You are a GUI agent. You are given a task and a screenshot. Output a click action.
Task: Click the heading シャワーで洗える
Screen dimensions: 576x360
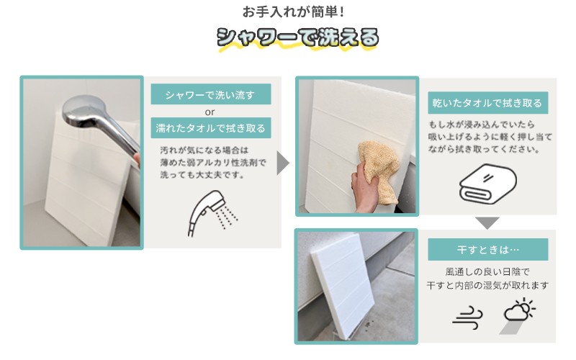(297, 38)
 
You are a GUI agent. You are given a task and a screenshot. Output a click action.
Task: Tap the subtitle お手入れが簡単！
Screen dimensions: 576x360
(294, 12)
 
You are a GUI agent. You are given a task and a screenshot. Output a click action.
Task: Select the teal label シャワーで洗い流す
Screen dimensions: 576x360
(211, 94)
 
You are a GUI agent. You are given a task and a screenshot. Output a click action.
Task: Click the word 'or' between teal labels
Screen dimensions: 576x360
(210, 112)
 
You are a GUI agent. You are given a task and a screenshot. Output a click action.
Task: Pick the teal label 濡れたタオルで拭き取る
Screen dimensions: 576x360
(211, 128)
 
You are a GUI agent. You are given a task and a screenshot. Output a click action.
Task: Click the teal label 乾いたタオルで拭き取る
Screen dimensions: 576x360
(488, 103)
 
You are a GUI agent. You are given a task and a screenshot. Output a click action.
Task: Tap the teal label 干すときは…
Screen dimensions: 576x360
(488, 250)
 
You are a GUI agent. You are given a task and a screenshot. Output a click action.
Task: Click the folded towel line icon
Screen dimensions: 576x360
(487, 184)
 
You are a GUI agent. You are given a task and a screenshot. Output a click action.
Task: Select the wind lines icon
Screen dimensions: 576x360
(467, 317)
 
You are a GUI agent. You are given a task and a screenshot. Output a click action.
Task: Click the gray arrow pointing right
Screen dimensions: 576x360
(283, 163)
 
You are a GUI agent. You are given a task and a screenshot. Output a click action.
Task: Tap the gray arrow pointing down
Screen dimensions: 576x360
(487, 223)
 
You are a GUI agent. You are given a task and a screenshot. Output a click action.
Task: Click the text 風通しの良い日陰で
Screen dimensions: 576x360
(487, 272)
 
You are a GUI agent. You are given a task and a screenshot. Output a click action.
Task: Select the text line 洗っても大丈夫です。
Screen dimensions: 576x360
(202, 174)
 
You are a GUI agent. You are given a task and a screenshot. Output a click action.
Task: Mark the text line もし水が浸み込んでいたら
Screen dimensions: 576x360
(481, 125)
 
